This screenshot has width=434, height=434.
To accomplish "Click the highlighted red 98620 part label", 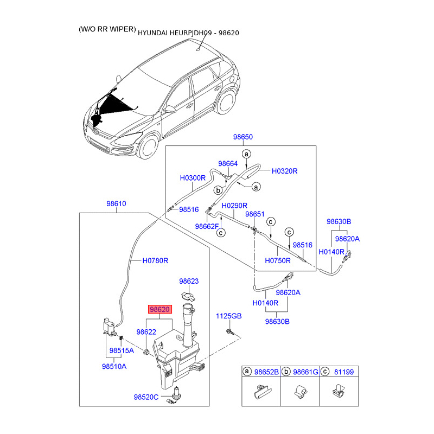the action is (160, 309).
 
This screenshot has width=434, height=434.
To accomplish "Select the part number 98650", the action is (242, 137).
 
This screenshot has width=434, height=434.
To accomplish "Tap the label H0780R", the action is (155, 260).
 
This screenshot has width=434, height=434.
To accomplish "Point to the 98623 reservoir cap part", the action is (188, 296).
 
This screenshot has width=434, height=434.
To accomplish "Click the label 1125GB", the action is (228, 316).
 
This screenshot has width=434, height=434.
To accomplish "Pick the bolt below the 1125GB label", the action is (229, 331).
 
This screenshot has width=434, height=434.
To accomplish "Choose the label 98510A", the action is (114, 366).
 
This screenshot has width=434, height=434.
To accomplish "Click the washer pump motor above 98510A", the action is (110, 327).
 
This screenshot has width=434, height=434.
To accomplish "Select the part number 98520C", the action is (146, 397).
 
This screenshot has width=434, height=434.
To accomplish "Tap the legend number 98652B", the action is (266, 372).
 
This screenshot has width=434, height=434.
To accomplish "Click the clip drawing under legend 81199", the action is (339, 391).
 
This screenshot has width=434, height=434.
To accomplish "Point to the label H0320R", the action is (284, 171).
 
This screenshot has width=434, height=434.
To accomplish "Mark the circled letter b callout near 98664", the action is (218, 190).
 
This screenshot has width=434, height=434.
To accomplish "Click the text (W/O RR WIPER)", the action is (107, 29).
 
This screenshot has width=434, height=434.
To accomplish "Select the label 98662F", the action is (207, 226).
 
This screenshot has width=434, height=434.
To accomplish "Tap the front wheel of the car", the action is (149, 146).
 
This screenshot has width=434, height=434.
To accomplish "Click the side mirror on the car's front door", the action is (170, 109).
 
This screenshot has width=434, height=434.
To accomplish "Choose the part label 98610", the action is (116, 203).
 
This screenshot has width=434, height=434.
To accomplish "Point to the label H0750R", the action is (278, 260).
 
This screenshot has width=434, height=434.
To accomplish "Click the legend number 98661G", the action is (305, 372).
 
